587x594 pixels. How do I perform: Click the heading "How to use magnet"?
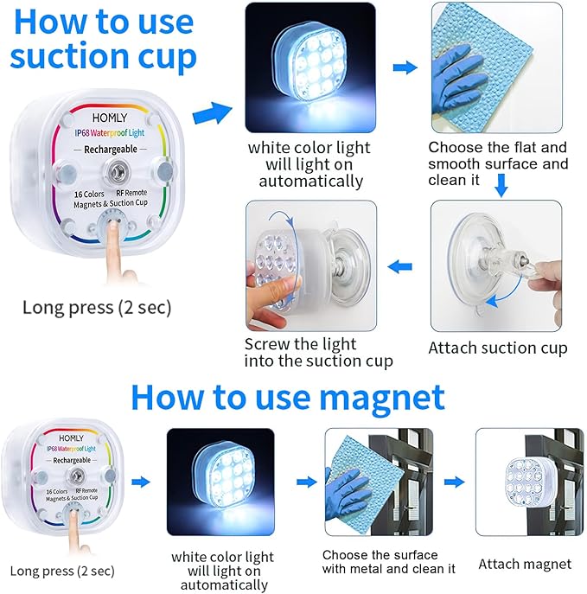(x=288, y=398)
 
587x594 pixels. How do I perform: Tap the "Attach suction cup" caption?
(x=498, y=348)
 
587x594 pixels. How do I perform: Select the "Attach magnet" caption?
(x=525, y=565)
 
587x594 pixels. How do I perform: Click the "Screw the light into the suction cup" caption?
(x=318, y=353)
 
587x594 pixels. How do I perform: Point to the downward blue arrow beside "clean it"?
(x=501, y=185)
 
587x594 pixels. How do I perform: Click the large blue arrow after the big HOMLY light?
(x=212, y=113)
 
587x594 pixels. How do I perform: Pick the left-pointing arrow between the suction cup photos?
(x=400, y=266)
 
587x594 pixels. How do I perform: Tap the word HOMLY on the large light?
(x=110, y=118)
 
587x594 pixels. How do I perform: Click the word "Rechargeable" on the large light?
(x=111, y=150)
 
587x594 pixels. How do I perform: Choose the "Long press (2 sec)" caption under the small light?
(x=62, y=571)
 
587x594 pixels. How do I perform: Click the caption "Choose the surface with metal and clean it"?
(x=388, y=562)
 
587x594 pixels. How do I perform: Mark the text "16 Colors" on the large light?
(x=89, y=195)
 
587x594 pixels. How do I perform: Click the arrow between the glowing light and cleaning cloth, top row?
(x=405, y=67)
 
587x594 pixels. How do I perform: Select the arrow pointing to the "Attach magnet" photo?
(x=455, y=482)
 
